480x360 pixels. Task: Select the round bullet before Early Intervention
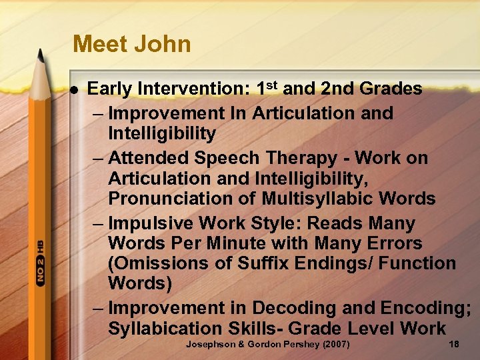pyautogui.click(x=75, y=89)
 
